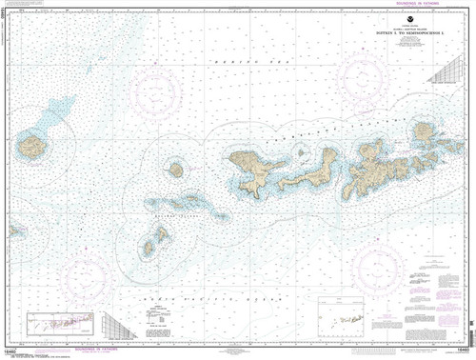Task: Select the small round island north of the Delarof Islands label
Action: pos(175,170)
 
